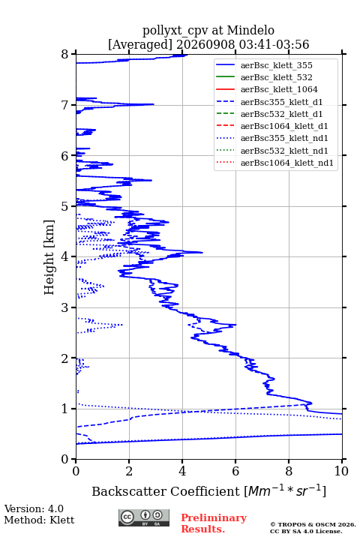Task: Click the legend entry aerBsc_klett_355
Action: click(276, 65)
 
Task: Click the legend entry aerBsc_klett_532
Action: click(276, 77)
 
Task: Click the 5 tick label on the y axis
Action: click(65, 207)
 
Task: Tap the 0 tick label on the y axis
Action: click(65, 460)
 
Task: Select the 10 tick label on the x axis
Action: click(341, 471)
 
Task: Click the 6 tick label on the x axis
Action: click(235, 471)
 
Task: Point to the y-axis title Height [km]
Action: click(49, 257)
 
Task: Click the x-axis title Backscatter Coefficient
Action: click(166, 491)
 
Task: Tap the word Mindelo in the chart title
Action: click(250, 30)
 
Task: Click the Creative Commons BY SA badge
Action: click(144, 518)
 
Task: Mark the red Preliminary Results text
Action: click(214, 523)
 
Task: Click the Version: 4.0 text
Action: click(34, 509)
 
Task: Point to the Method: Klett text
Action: click(39, 520)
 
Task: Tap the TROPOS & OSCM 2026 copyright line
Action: click(313, 524)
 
